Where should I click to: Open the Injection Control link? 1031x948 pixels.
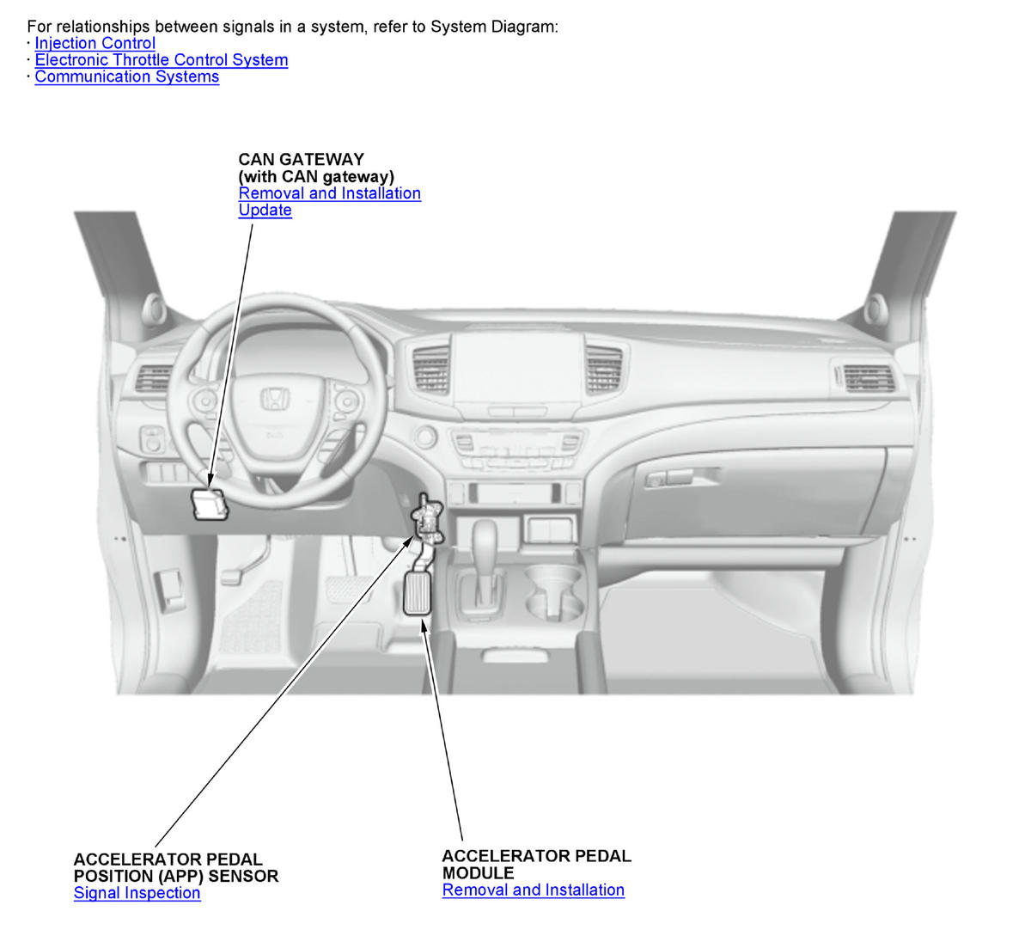click(x=95, y=43)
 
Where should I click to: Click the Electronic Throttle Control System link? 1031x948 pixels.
click(x=162, y=60)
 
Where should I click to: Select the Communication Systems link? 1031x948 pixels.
click(x=127, y=76)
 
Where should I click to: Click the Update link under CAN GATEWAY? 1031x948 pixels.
click(x=265, y=210)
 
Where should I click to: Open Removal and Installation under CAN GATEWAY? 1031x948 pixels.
click(x=330, y=193)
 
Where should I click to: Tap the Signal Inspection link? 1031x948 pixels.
click(x=137, y=893)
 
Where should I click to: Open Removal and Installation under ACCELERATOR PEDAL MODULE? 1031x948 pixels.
click(x=534, y=890)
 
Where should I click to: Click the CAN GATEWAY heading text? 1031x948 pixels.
click(x=302, y=160)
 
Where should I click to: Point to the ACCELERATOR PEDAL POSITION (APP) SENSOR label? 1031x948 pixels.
click(x=176, y=868)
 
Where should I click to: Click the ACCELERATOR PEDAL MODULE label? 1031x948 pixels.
click(x=537, y=865)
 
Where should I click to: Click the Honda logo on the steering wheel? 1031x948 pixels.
click(x=276, y=399)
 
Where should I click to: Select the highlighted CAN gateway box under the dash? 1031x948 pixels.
click(x=209, y=504)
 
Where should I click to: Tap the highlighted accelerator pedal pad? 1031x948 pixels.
click(x=417, y=593)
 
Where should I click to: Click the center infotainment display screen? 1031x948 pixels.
click(x=518, y=369)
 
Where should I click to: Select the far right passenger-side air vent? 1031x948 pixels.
click(x=868, y=378)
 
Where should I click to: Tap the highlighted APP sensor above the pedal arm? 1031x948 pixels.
click(x=427, y=518)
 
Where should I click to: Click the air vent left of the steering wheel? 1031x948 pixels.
click(x=153, y=378)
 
